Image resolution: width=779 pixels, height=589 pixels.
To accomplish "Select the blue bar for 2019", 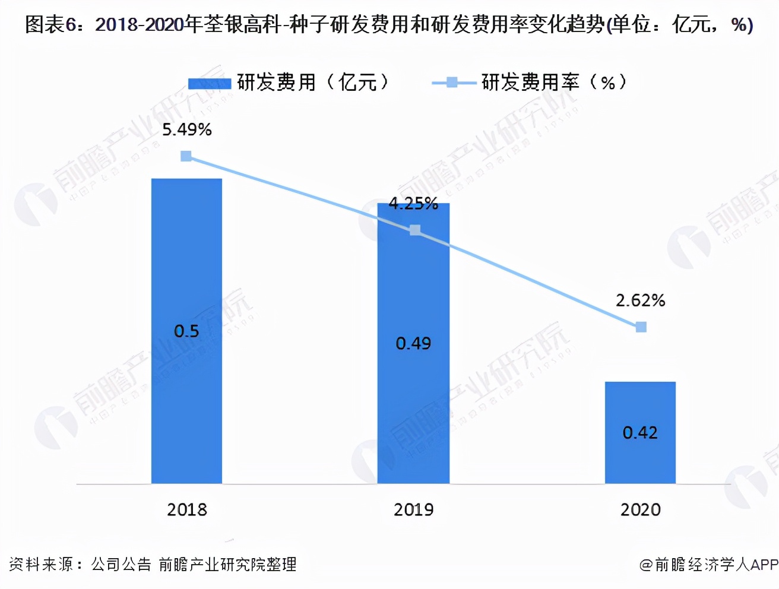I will [x=413, y=285].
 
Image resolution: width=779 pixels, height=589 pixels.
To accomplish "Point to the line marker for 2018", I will [x=186, y=156].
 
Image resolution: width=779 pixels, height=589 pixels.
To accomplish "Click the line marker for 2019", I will [x=415, y=230].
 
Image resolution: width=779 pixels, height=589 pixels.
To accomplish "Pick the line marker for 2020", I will [x=641, y=327].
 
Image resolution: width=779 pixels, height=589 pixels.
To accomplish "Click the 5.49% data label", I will [x=187, y=129].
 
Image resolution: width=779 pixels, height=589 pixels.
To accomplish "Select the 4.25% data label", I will [x=413, y=204].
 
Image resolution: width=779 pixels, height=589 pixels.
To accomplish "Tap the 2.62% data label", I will [x=640, y=300].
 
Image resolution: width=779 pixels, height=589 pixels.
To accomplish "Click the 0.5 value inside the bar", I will [x=186, y=331].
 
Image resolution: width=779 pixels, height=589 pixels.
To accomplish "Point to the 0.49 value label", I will [x=413, y=343].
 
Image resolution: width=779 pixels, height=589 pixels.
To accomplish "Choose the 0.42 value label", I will [x=640, y=433].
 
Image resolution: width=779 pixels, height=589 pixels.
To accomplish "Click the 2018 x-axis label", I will [x=187, y=509].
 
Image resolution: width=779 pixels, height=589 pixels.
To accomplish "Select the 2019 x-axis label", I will [x=414, y=509].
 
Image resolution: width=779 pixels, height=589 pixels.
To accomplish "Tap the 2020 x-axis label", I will [x=641, y=509].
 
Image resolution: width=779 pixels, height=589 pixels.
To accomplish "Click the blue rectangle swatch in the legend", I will [x=209, y=83].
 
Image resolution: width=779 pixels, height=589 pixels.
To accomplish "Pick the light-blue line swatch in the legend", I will [x=452, y=83].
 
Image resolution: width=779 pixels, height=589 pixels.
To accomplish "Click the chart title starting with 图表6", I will [x=389, y=25].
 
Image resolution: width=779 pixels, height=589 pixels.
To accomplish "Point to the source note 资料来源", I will [x=153, y=564].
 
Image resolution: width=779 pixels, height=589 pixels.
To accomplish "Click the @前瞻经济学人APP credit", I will [x=708, y=565].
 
